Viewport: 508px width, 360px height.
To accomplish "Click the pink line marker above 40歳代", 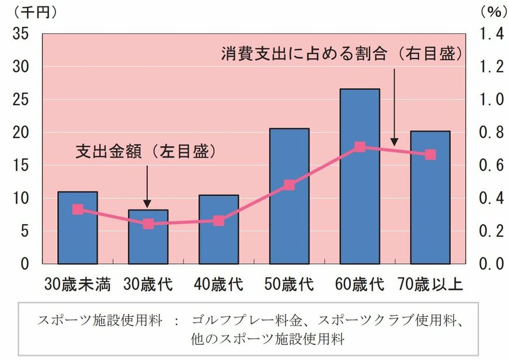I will (218, 221).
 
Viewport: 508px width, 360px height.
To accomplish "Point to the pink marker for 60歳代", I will (360, 147).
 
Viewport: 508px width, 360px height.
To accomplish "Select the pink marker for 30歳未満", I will (78, 209).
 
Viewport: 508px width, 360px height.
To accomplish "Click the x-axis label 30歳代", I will (148, 284).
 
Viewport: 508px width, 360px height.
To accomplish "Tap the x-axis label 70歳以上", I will (430, 284).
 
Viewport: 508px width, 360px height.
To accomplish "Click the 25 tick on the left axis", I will (20, 100).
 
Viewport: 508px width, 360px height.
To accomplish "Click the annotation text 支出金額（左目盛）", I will (146, 152).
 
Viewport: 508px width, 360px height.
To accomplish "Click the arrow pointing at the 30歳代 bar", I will (148, 186).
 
